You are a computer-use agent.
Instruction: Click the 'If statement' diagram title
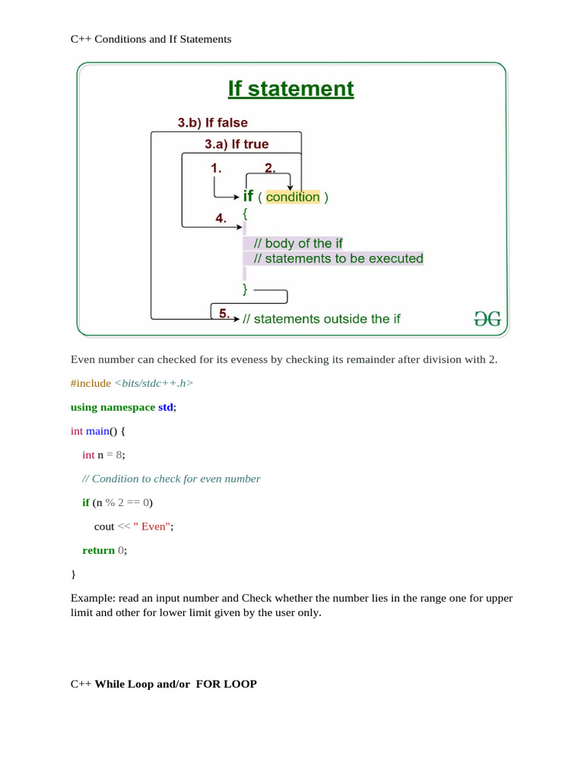[x=290, y=89]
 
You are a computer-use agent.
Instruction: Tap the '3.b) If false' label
[x=212, y=122]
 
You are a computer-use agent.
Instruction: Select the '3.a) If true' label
[x=236, y=144]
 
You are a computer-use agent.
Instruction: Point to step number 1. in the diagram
[x=216, y=169]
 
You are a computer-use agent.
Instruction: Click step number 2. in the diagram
[x=270, y=168]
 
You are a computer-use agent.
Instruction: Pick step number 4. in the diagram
[x=221, y=218]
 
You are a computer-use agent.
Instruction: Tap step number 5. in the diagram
[x=224, y=313]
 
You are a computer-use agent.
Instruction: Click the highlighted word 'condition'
[x=293, y=197]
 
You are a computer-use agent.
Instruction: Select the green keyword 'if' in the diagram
[x=248, y=196]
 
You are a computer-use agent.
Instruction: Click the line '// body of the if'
[x=298, y=243]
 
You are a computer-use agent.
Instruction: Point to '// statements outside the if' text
[x=322, y=319]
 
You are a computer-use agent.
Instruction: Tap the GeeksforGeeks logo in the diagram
[x=487, y=319]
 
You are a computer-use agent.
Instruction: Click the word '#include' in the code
[x=90, y=383]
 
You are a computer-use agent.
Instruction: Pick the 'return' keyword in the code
[x=98, y=550]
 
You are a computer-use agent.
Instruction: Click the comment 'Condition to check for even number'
[x=176, y=479]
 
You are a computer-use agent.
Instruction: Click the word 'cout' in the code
[x=104, y=526]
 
